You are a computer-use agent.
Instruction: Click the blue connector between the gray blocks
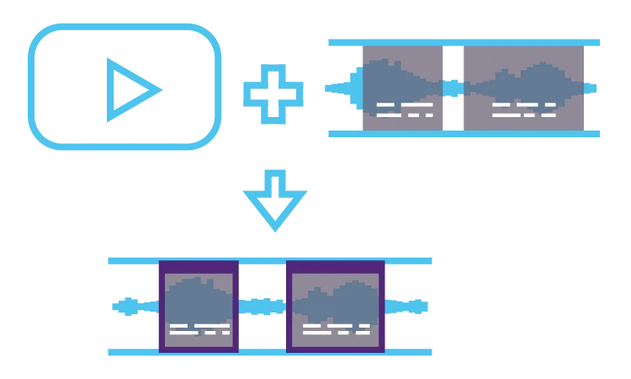pyautogui.click(x=452, y=87)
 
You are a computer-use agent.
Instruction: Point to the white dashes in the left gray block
pyautogui.click(x=405, y=109)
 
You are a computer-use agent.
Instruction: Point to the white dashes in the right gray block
pyautogui.click(x=523, y=109)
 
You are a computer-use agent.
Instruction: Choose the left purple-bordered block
pyautogui.click(x=198, y=306)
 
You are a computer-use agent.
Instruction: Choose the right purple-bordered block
pyautogui.click(x=335, y=306)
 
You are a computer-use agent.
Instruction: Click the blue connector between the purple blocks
pyautogui.click(x=262, y=307)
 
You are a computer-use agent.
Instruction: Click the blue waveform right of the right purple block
pyautogui.click(x=409, y=307)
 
